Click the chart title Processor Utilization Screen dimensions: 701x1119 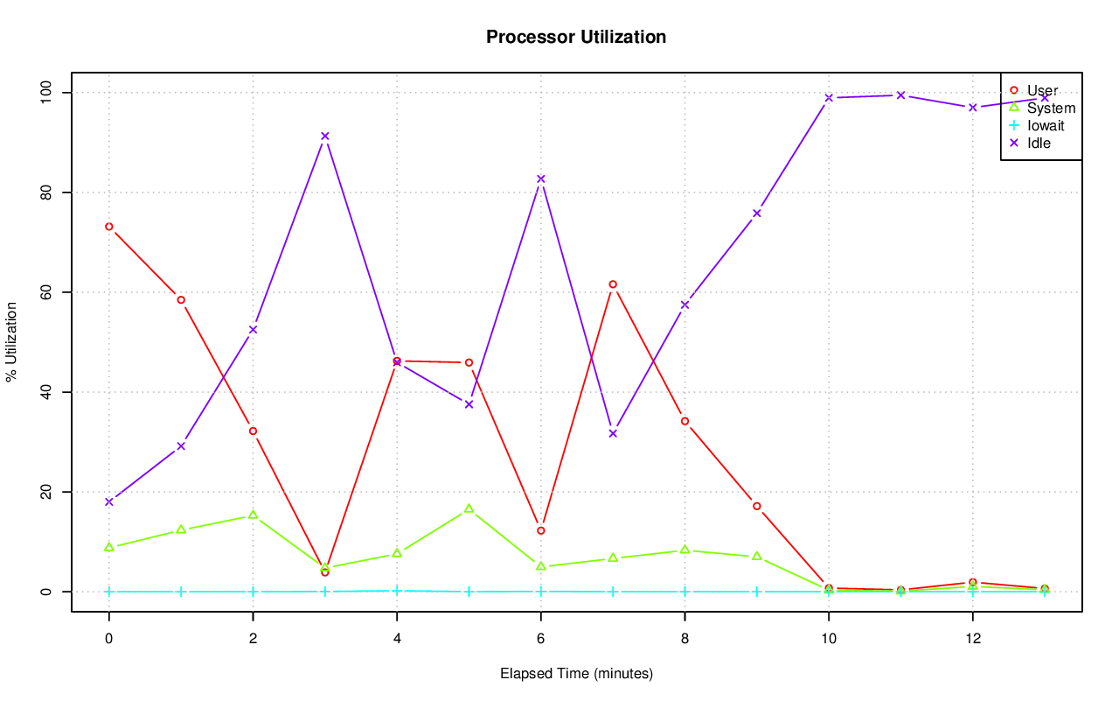[x=576, y=37]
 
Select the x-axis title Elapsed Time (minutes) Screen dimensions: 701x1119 [x=576, y=674]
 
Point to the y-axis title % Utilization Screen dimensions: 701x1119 [x=11, y=342]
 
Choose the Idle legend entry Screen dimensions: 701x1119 [x=1039, y=143]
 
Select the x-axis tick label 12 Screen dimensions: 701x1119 [x=972, y=638]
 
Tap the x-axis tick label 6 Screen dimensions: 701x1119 [x=541, y=638]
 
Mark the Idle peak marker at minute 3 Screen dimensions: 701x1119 [x=325, y=136]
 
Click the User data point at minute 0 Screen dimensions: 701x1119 [x=109, y=227]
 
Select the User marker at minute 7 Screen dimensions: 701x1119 [x=613, y=284]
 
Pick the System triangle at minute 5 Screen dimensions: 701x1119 [x=469, y=508]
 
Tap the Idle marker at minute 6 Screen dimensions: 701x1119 [x=541, y=179]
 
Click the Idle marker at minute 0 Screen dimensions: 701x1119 [x=109, y=501]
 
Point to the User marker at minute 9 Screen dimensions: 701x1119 [x=757, y=506]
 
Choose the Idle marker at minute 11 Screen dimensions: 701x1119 [x=900, y=95]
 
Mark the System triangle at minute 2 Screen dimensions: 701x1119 [x=253, y=515]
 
